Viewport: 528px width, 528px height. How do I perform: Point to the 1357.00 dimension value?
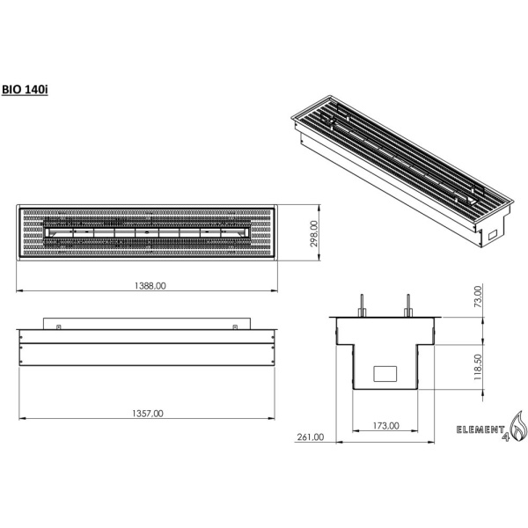(x=148, y=413)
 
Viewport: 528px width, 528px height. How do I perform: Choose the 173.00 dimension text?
(x=385, y=425)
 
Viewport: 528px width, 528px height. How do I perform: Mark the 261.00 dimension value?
(x=311, y=436)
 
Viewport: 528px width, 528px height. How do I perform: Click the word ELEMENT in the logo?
(x=479, y=429)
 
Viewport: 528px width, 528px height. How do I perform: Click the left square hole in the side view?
(x=57, y=326)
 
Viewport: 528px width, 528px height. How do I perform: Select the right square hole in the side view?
(x=235, y=326)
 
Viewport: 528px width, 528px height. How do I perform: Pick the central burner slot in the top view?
(x=148, y=233)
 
